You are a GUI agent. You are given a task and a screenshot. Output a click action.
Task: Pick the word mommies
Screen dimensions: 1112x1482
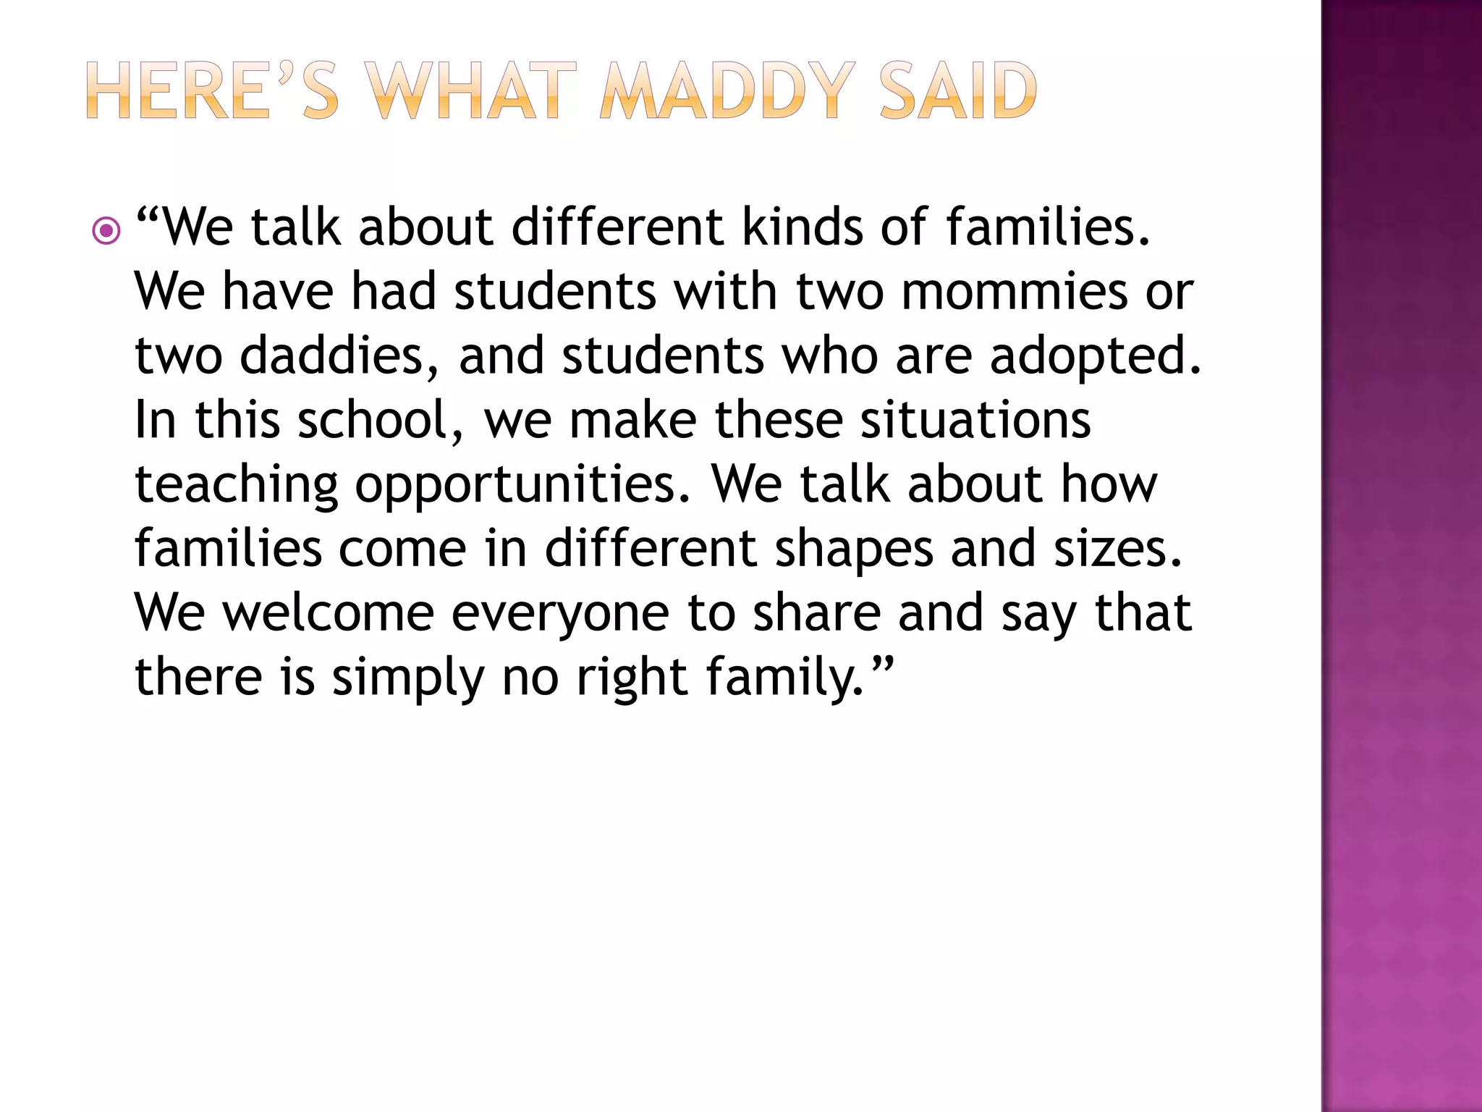point(1015,291)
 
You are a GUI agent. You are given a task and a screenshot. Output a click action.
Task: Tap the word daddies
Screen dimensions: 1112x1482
point(339,355)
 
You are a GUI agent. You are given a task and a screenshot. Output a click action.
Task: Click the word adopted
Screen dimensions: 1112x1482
point(1095,355)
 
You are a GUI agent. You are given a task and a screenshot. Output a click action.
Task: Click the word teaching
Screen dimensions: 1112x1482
point(237,485)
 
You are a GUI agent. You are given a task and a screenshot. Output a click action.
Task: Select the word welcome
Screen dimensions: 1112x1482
point(328,612)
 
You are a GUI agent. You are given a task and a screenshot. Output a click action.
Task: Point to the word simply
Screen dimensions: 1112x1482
point(408,678)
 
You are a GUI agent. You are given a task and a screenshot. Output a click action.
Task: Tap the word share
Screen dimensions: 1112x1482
point(817,612)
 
